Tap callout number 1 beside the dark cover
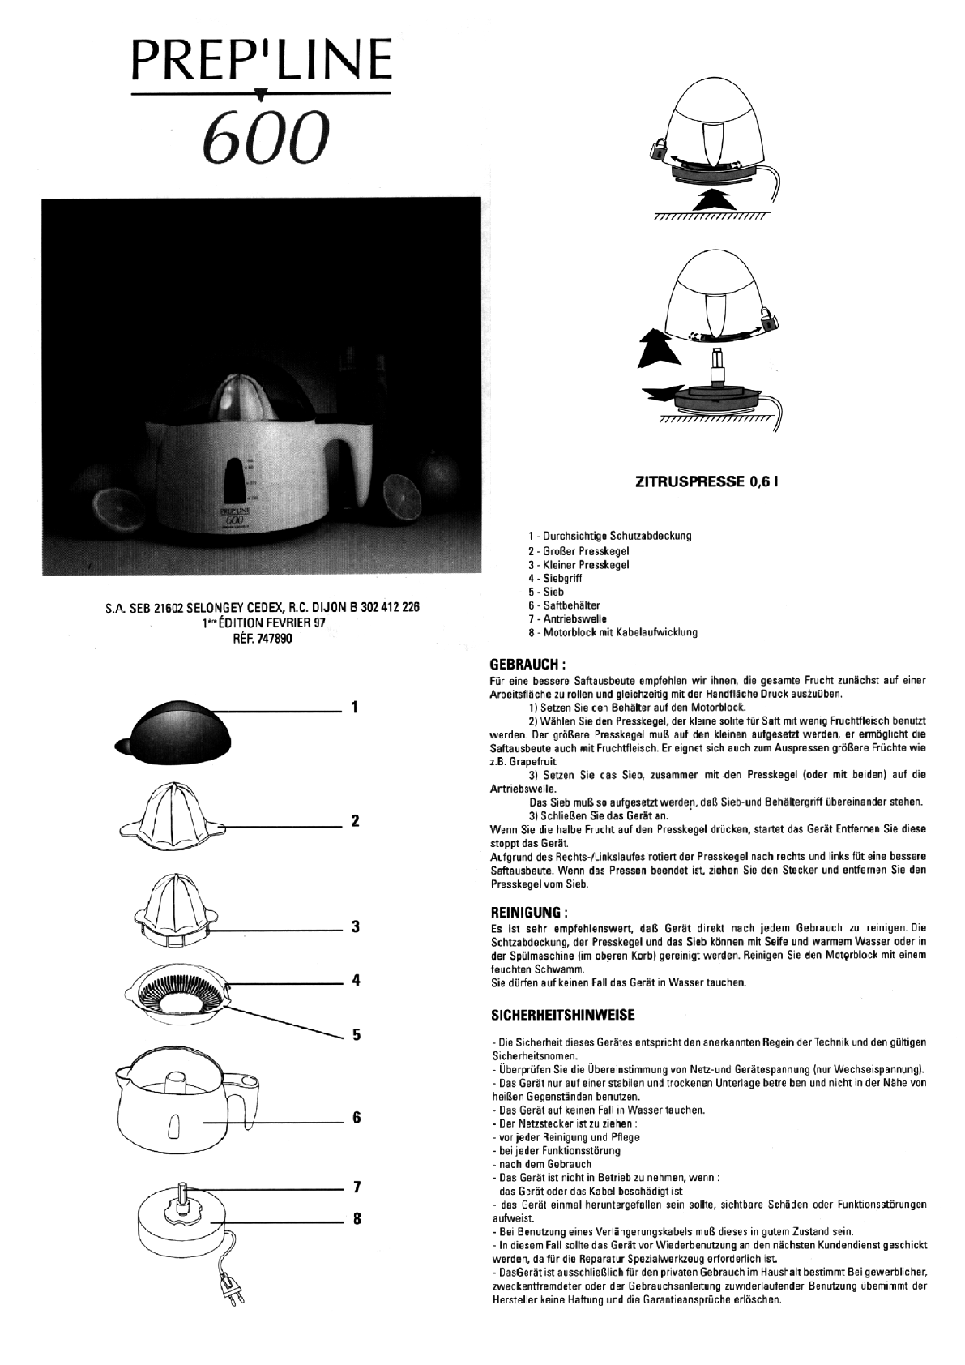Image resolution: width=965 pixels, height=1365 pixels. coord(355,708)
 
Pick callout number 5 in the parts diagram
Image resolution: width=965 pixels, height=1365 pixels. coord(355,1035)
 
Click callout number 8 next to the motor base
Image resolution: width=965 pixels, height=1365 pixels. coord(355,1218)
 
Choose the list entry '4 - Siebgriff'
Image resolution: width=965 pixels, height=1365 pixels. coord(555,579)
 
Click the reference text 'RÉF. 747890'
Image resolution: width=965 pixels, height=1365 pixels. coord(262,639)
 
